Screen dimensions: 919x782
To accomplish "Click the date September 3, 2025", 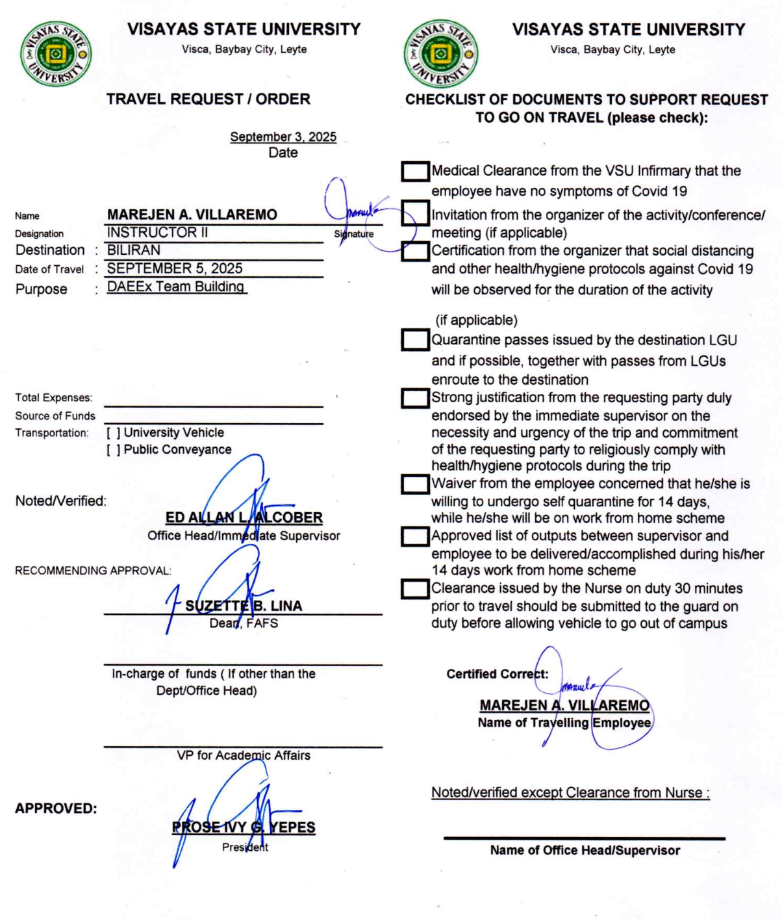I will click(283, 136).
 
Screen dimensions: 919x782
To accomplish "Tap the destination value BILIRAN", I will click(134, 250).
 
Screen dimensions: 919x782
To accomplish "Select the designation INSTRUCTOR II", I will click(157, 233).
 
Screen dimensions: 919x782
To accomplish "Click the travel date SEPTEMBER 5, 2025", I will click(175, 268).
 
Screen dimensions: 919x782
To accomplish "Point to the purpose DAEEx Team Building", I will click(176, 287).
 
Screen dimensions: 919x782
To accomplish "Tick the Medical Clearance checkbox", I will click(415, 172).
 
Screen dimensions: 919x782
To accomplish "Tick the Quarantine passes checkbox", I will click(415, 340).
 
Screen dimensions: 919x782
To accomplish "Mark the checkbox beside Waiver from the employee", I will click(415, 484).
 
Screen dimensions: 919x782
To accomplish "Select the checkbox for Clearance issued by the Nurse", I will click(415, 589).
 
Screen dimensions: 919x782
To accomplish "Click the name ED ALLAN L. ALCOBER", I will click(244, 518).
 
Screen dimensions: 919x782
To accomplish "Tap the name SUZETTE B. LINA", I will click(244, 606).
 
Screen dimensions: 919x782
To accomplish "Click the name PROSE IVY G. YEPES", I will click(244, 827).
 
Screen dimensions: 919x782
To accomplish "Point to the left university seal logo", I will click(56, 55).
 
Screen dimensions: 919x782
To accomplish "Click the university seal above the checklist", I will click(441, 53).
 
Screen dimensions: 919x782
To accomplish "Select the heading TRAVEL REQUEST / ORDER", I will click(208, 99).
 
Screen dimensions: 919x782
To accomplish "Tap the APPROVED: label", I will click(56, 809).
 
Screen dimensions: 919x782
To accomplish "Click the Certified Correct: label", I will click(497, 674).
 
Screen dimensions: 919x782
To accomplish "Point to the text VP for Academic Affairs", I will click(244, 755).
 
